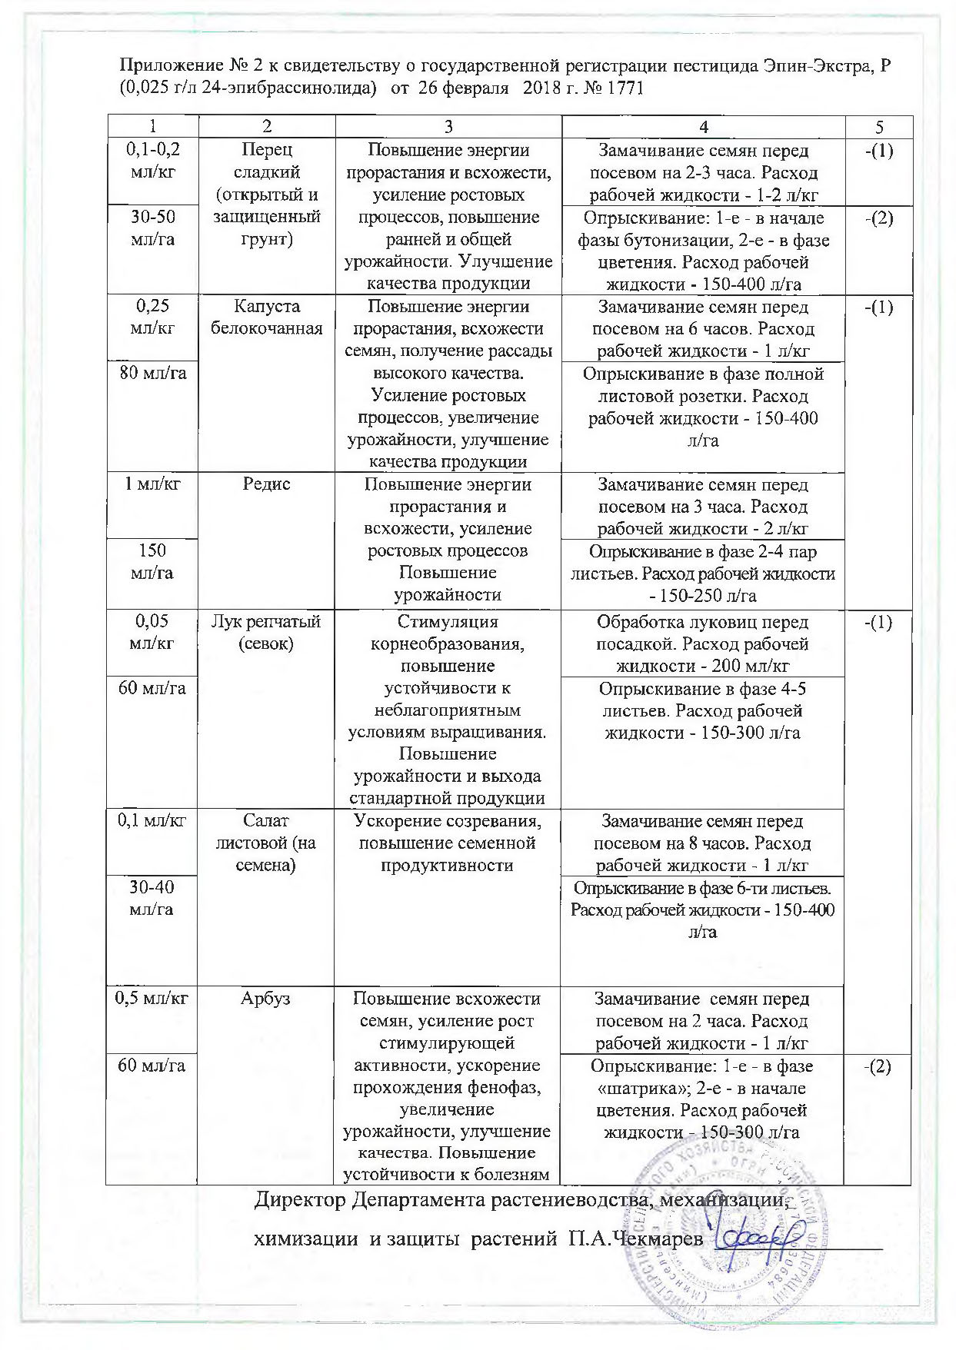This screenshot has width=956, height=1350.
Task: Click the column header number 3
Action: point(448,127)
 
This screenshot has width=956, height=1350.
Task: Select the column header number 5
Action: point(878,128)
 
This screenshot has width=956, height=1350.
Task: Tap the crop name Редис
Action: point(266,485)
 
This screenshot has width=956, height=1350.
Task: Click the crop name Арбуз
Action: point(266,999)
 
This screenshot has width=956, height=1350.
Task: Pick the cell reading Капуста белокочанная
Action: point(266,318)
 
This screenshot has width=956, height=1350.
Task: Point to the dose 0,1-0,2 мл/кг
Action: point(152,161)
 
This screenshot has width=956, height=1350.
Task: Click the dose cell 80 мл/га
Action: point(152,374)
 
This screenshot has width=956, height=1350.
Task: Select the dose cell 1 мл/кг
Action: point(152,485)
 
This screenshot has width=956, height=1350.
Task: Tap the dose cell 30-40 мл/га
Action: point(152,898)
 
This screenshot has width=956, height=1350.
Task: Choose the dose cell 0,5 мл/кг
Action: point(152,999)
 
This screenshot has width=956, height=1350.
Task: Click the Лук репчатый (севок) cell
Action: point(266,633)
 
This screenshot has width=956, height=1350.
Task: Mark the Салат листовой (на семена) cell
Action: point(266,843)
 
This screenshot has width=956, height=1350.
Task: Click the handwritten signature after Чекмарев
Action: point(758,1235)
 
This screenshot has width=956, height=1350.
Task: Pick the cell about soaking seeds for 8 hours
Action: point(702,843)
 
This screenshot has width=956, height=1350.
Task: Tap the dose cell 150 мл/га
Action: point(152,562)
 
